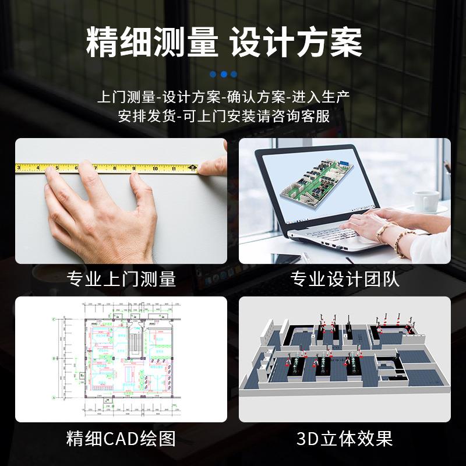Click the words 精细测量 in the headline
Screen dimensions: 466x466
(153, 42)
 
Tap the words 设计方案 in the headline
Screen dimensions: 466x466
(296, 42)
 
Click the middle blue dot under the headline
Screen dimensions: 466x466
(224, 74)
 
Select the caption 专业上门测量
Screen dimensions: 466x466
(121, 279)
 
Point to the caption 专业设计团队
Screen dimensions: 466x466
(345, 279)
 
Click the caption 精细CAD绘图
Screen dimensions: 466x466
(121, 438)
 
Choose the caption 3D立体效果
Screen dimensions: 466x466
(345, 438)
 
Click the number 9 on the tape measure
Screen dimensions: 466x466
(133, 169)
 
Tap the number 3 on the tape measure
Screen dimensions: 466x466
(19, 169)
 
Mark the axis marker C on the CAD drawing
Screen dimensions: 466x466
(55, 319)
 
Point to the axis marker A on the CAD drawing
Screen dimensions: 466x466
(55, 398)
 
